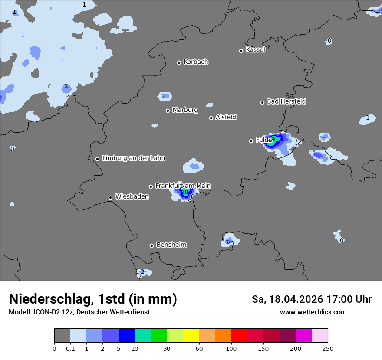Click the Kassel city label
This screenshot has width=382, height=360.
click(255, 50)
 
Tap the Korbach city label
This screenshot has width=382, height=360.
click(196, 62)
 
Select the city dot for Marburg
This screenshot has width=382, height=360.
click(168, 111)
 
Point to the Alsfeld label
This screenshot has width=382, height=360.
click(226, 117)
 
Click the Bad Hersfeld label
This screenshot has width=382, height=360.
click(286, 101)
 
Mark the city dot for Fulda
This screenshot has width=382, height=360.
click(251, 141)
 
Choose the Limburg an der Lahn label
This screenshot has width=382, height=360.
click(133, 158)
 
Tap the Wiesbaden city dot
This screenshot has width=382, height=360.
click(110, 197)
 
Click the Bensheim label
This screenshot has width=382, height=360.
click(171, 245)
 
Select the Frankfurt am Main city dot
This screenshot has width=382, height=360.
click(151, 187)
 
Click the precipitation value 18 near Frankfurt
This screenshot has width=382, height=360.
click(184, 192)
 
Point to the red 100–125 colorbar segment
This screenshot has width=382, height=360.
click(239, 336)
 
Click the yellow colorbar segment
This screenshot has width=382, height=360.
click(191, 336)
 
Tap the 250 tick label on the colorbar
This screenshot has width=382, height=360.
click(328, 348)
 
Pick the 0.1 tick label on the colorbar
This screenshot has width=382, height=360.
click(70, 348)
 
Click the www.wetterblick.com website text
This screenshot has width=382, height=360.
click(313, 312)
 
